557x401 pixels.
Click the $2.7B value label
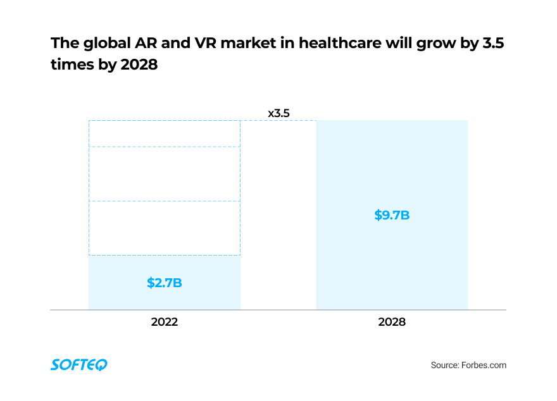[165, 283]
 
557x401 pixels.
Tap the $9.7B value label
[392, 215]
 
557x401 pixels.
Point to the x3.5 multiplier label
[278, 114]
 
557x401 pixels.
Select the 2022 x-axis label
[165, 321]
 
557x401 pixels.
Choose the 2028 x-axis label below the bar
[392, 321]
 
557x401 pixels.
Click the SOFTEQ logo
[79, 364]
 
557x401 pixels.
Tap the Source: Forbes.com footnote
[468, 365]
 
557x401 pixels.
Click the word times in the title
[71, 65]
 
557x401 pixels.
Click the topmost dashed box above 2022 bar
[165, 133]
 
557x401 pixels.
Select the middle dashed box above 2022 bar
[165, 174]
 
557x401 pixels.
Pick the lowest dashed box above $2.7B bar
[165, 228]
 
